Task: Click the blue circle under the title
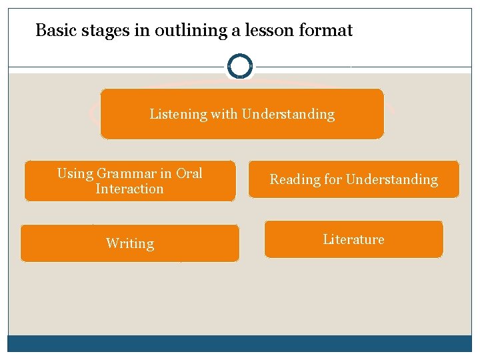click(240, 66)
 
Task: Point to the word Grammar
click(127, 173)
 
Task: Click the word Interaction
click(129, 189)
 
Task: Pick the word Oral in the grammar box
click(189, 173)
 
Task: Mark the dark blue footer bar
click(240, 343)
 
